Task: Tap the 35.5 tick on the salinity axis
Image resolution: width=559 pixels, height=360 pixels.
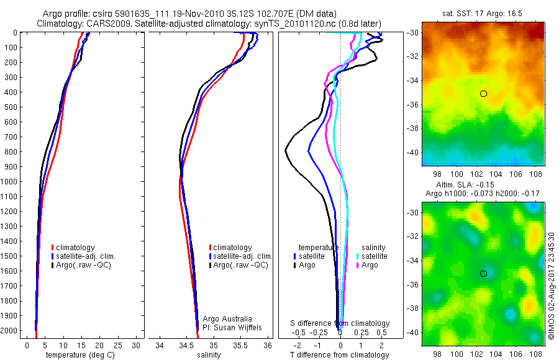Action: point(241,345)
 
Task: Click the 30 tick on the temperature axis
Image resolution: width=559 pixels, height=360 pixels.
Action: point(137,345)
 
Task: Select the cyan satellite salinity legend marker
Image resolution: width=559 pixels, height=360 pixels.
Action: point(358,256)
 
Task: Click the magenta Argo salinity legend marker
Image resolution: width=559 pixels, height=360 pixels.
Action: point(358,265)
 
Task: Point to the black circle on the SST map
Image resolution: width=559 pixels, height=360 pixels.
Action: point(483,94)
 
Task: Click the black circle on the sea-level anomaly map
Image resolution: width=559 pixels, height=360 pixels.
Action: point(483,274)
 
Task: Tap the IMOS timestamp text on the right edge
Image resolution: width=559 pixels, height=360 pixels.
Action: point(552,286)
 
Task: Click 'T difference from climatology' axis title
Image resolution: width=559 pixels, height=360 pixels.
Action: point(339,355)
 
